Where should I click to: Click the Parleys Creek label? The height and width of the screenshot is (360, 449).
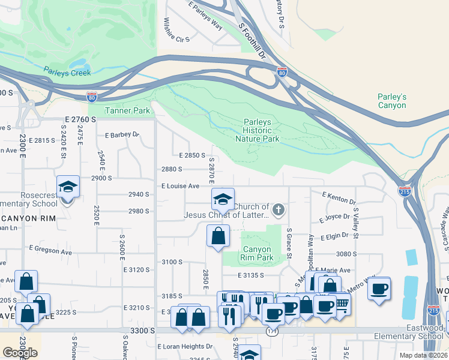(x=67, y=73)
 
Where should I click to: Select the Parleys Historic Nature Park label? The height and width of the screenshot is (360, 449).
(x=262, y=130)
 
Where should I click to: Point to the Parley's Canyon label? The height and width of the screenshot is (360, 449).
(x=392, y=101)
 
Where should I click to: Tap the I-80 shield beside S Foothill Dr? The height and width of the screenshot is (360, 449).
(x=282, y=73)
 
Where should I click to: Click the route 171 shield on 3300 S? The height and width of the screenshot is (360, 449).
(x=273, y=331)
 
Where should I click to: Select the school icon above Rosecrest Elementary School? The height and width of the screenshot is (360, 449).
(x=68, y=187)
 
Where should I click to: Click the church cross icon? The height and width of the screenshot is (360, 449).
(x=277, y=210)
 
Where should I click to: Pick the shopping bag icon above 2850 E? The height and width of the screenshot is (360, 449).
(x=218, y=236)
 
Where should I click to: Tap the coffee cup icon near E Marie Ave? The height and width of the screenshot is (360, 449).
(x=379, y=289)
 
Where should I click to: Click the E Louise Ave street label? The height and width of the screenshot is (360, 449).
(x=180, y=186)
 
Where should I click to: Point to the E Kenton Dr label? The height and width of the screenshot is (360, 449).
(x=339, y=196)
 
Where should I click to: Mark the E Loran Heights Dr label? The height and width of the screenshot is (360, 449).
(x=185, y=346)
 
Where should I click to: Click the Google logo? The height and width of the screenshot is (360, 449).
(x=20, y=353)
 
